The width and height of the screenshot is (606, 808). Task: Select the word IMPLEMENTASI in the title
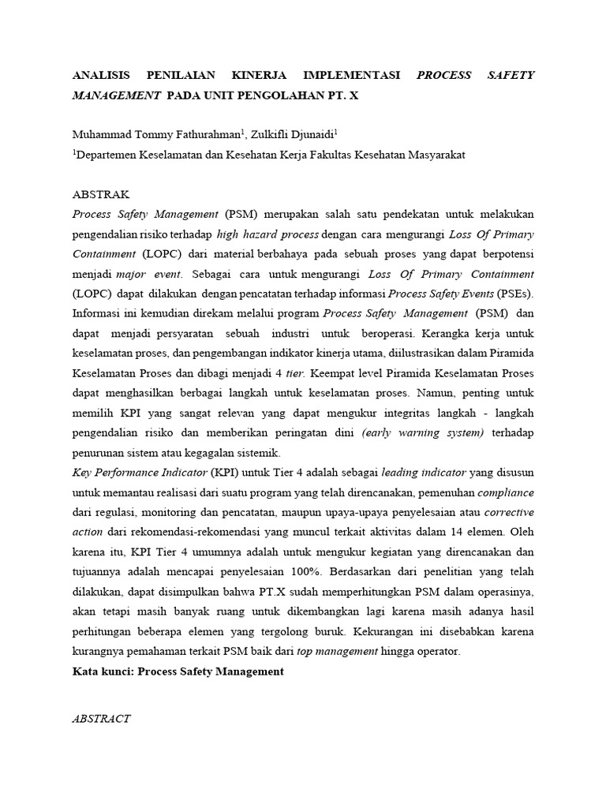[x=346, y=76]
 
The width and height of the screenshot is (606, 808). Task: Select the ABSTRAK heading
[x=101, y=194]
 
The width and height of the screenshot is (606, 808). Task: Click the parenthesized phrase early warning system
[x=422, y=433]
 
